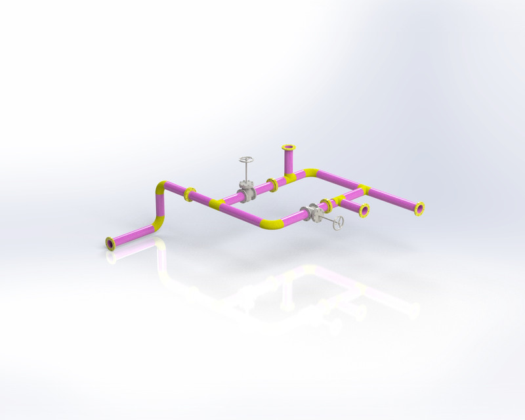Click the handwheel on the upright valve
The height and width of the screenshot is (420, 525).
click(246, 161)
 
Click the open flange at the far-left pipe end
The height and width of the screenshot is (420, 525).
click(110, 243)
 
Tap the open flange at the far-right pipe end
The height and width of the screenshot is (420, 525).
click(419, 209)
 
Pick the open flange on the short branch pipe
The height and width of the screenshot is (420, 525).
click(364, 211)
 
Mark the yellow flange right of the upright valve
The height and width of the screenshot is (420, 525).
click(272, 184)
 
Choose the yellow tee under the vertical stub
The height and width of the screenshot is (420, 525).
click(291, 177)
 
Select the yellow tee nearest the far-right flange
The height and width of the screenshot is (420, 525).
click(363, 190)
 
